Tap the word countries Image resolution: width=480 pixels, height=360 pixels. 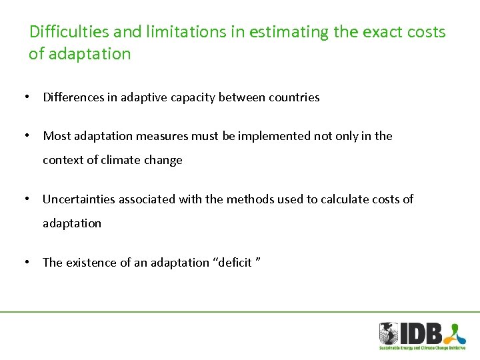pos(294,97)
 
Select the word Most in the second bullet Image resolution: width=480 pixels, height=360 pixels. pos(57,136)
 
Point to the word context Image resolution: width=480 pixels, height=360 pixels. pos(63,160)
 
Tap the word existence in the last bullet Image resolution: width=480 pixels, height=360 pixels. pos(91,263)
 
